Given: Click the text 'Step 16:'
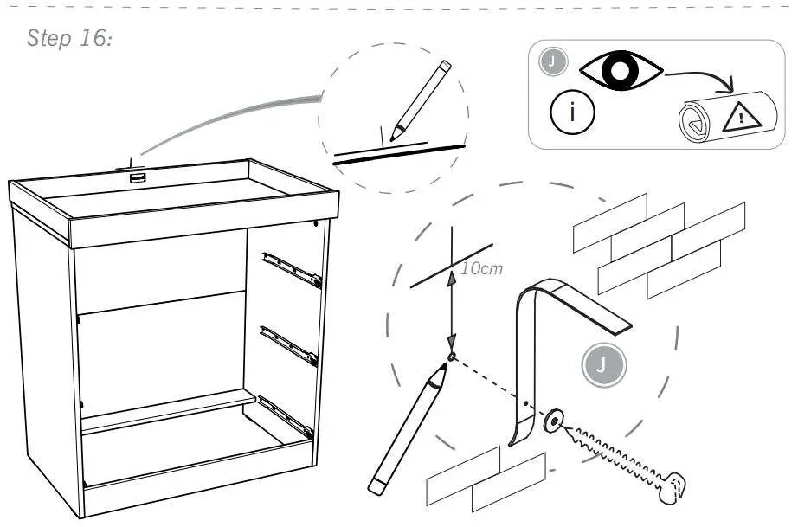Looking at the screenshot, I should pyautogui.click(x=70, y=39).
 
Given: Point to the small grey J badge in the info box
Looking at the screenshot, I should pyautogui.click(x=551, y=61).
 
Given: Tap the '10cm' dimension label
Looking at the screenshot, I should pyautogui.click(x=481, y=268).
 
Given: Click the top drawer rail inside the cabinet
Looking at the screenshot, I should pyautogui.click(x=292, y=267).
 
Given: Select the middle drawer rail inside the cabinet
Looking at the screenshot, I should pyautogui.click(x=289, y=344).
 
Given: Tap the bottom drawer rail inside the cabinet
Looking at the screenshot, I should pyautogui.click(x=284, y=414).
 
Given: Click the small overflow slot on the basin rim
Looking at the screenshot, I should pyautogui.click(x=136, y=179).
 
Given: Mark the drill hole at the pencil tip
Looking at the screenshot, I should pyautogui.click(x=452, y=357).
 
